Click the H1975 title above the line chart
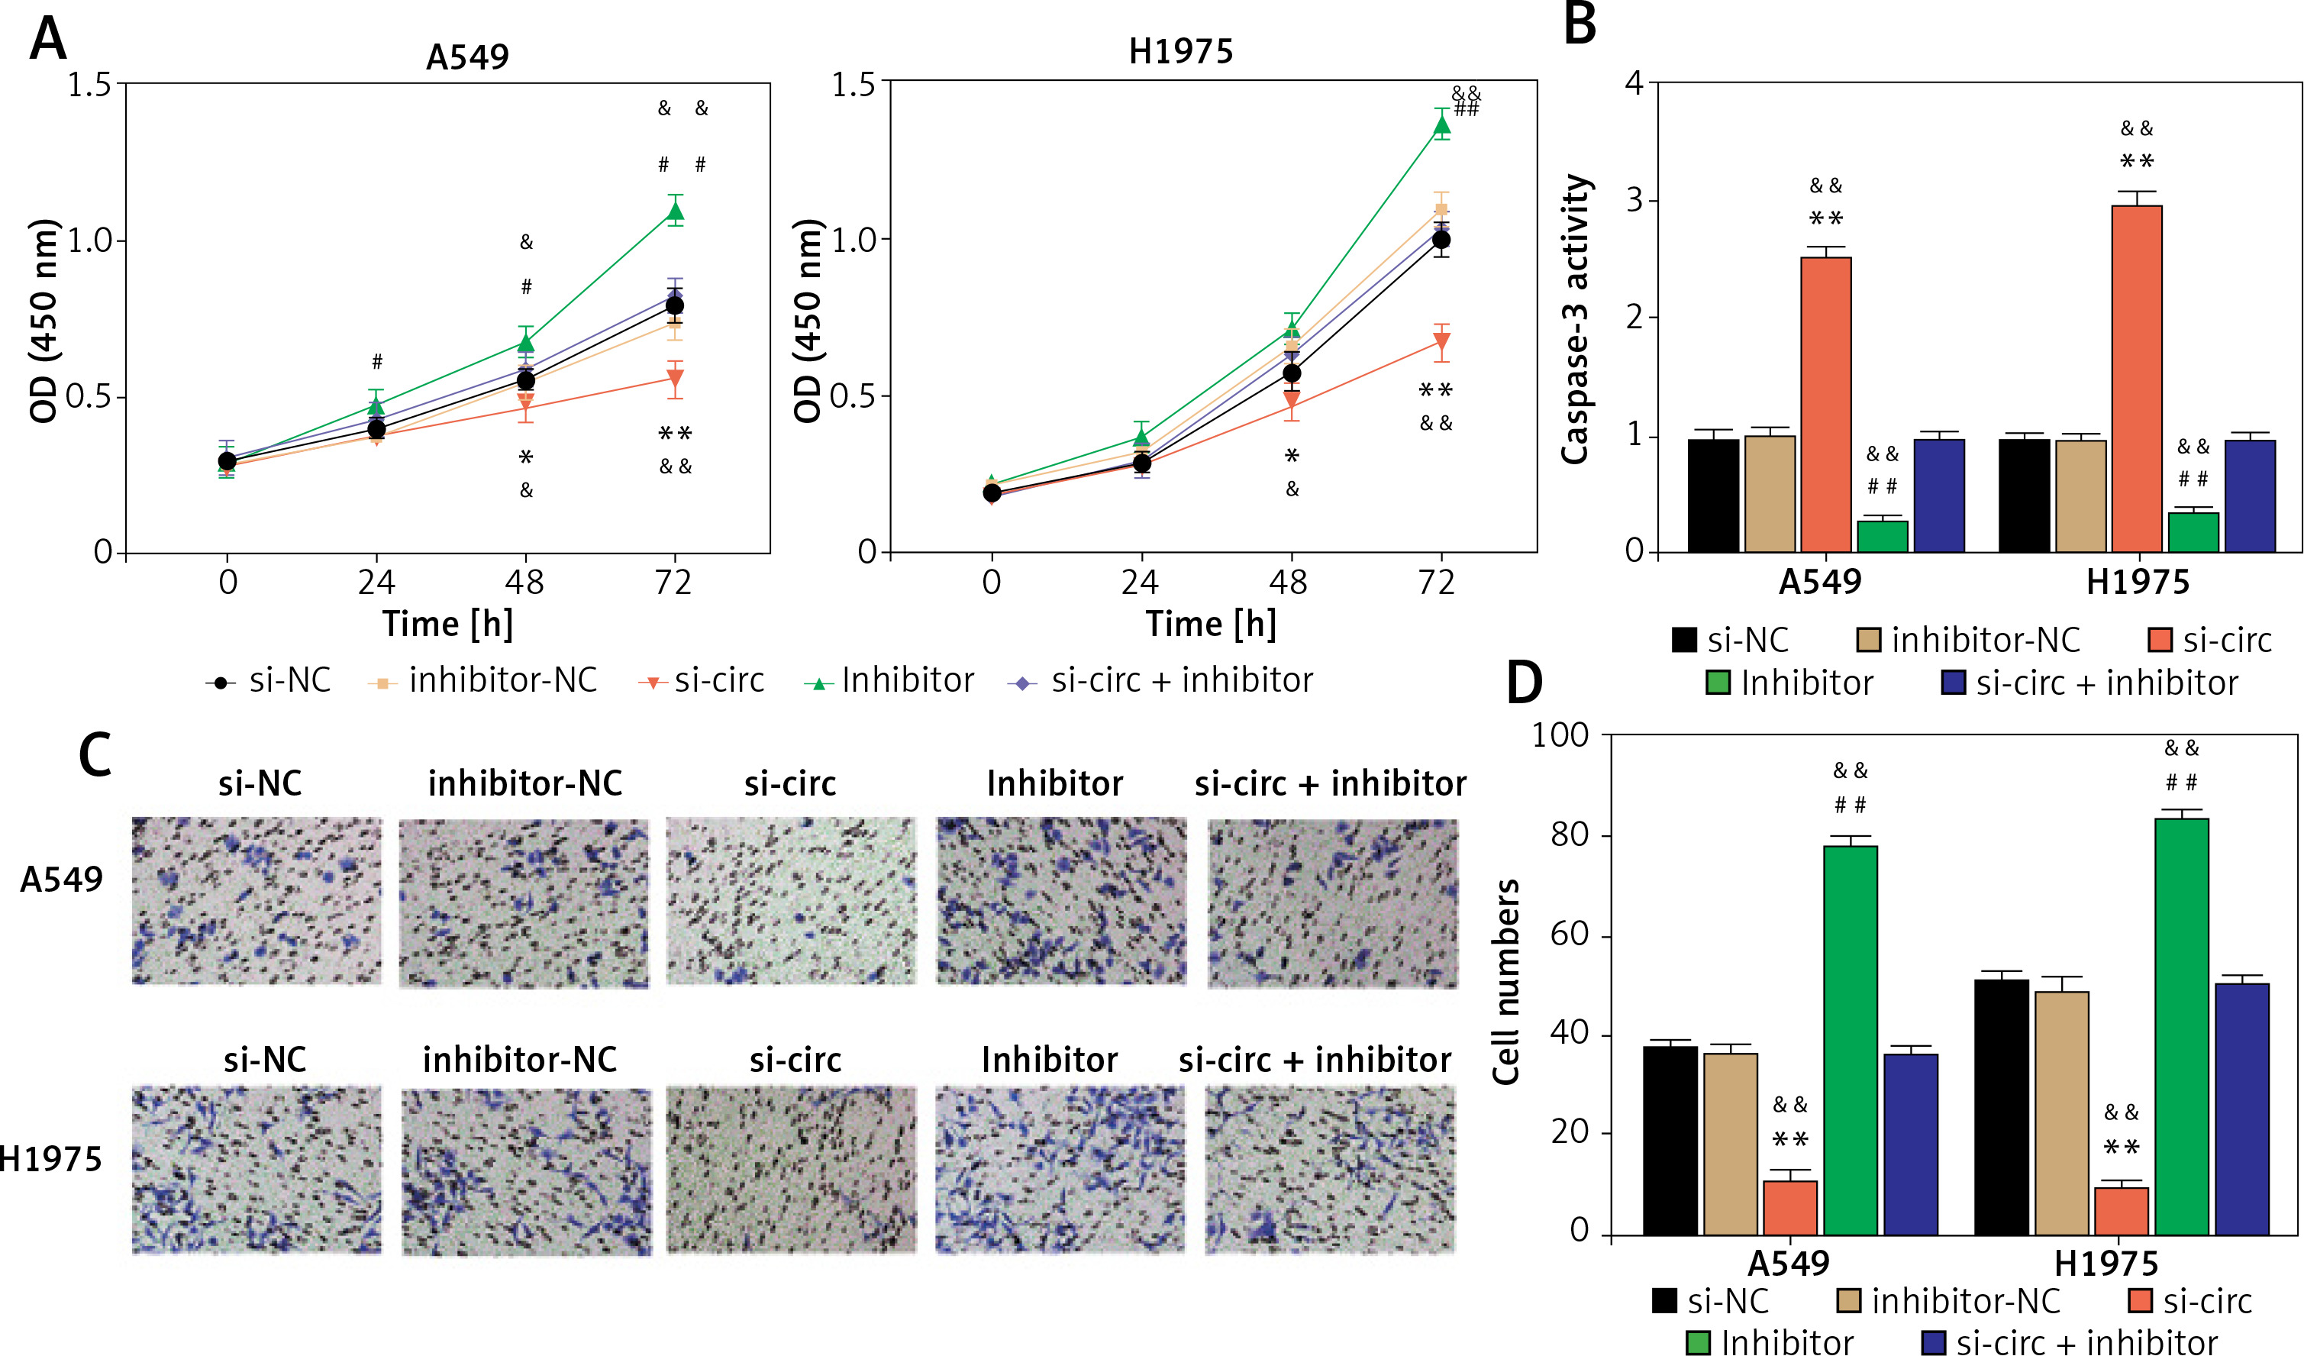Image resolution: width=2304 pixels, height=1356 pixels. tap(1180, 51)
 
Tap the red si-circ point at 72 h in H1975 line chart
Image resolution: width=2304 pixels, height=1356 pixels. tap(1441, 344)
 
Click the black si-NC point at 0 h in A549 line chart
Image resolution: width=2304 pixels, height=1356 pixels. tap(227, 461)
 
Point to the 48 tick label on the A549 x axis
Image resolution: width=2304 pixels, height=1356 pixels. tap(524, 583)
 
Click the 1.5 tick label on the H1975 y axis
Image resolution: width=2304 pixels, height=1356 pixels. tap(853, 84)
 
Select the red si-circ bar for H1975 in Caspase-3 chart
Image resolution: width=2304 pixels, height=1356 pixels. tap(2137, 379)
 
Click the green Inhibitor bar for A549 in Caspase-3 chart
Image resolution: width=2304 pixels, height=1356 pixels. tap(1883, 536)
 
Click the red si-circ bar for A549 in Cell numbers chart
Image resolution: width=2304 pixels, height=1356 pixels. tap(1790, 1207)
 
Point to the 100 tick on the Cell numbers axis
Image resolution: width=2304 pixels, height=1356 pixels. tap(1560, 735)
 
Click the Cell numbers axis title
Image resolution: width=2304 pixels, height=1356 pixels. tap(1505, 982)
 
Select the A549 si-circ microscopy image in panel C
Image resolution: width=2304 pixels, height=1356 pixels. tap(791, 901)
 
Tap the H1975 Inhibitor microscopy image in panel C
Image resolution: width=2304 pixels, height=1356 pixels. tap(1060, 1170)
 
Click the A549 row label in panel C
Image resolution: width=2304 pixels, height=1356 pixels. tap(61, 880)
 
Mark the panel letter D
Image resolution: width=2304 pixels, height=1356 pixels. tap(1523, 682)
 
